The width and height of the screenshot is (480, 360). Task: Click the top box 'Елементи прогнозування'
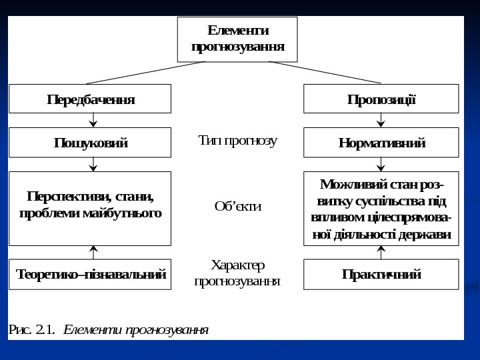pyautogui.click(x=237, y=39)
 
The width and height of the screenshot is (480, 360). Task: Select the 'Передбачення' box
pyautogui.click(x=90, y=99)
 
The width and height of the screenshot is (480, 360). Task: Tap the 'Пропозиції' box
pyautogui.click(x=381, y=99)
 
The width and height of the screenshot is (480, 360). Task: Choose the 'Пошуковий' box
pyautogui.click(x=90, y=143)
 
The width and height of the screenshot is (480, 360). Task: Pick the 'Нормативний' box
pyautogui.click(x=381, y=143)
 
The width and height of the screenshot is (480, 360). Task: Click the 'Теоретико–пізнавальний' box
pyautogui.click(x=90, y=274)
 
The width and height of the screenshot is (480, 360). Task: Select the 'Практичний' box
pyautogui.click(x=381, y=274)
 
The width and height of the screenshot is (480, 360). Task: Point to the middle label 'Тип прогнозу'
pyautogui.click(x=237, y=141)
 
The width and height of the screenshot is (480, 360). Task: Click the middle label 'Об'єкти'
pyautogui.click(x=237, y=207)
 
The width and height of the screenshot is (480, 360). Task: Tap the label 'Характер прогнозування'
pyautogui.click(x=237, y=273)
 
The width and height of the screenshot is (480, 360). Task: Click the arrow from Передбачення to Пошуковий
pyautogui.click(x=93, y=121)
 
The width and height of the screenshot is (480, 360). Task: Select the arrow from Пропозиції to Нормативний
pyautogui.click(x=381, y=121)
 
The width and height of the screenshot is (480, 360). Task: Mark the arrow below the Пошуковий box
pyautogui.click(x=93, y=164)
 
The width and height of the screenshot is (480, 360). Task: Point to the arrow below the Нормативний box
pyautogui.click(x=381, y=164)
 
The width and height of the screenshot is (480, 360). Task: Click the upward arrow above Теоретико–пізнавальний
pyautogui.click(x=93, y=252)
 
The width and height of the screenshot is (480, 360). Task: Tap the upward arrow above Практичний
pyautogui.click(x=381, y=252)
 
